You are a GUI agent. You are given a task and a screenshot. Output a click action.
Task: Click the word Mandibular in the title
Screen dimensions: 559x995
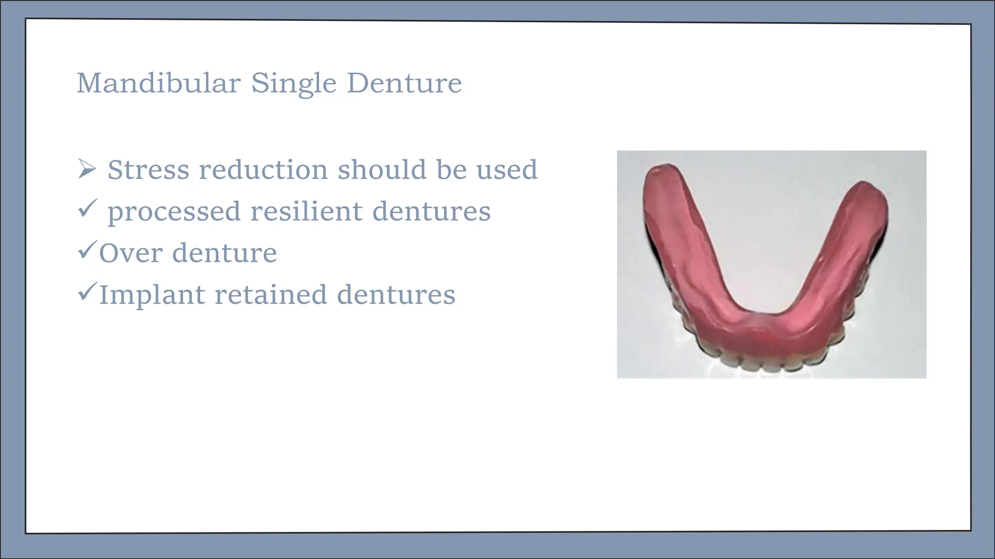158,83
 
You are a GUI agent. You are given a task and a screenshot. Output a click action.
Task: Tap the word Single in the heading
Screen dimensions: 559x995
293,83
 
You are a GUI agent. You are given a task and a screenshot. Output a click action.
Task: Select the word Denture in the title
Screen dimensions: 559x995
404,83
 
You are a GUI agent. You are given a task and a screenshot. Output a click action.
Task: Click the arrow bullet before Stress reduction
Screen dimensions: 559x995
87,169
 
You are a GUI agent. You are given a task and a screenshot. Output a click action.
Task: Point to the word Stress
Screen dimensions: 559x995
148,170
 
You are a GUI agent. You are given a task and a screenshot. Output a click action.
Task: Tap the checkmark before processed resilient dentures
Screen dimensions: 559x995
87,209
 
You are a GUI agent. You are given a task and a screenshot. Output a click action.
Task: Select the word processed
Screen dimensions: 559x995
174,212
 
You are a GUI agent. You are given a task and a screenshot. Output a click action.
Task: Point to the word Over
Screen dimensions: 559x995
130,253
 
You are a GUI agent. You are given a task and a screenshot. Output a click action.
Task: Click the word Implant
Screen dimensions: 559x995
152,295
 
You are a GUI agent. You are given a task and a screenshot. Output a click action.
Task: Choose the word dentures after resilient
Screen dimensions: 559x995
431,211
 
